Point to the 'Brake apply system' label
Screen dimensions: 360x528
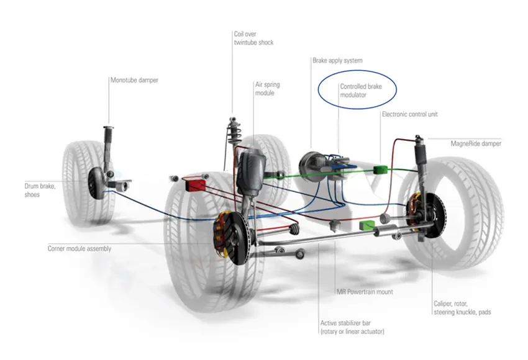pos(336,61)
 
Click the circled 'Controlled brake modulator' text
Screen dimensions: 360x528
pos(362,91)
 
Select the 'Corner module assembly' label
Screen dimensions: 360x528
pos(79,248)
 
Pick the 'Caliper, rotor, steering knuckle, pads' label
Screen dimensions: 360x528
pos(462,308)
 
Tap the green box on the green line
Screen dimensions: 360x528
pos(380,169)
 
